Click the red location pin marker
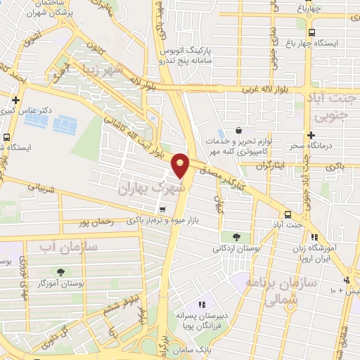coord(181,165)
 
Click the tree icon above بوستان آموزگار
coord(60,271)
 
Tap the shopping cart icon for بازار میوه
coord(163,209)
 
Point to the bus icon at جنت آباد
coord(288,214)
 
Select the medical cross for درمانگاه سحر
coord(310,134)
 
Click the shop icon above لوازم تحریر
coord(240,130)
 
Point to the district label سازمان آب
coord(53,247)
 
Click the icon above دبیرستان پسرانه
coord(202,304)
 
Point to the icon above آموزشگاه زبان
coord(314,238)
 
